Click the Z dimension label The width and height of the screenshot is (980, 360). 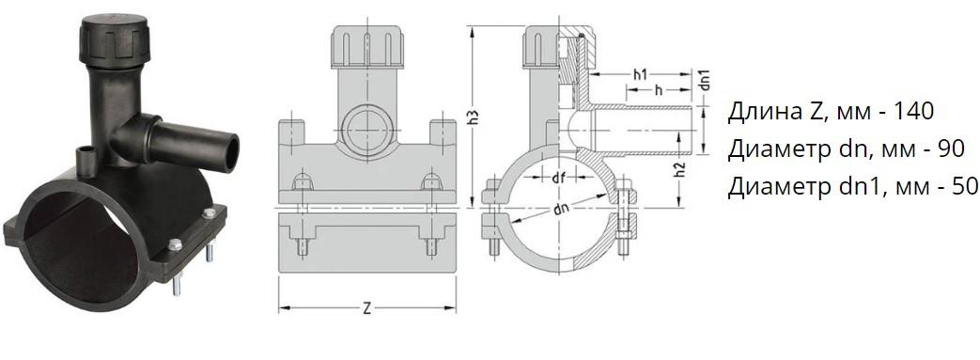(x=366, y=308)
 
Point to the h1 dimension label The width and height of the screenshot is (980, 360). (x=639, y=75)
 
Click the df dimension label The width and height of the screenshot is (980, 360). (x=558, y=179)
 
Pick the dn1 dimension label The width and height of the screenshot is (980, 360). (x=705, y=82)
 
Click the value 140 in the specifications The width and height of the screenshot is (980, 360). (x=913, y=111)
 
